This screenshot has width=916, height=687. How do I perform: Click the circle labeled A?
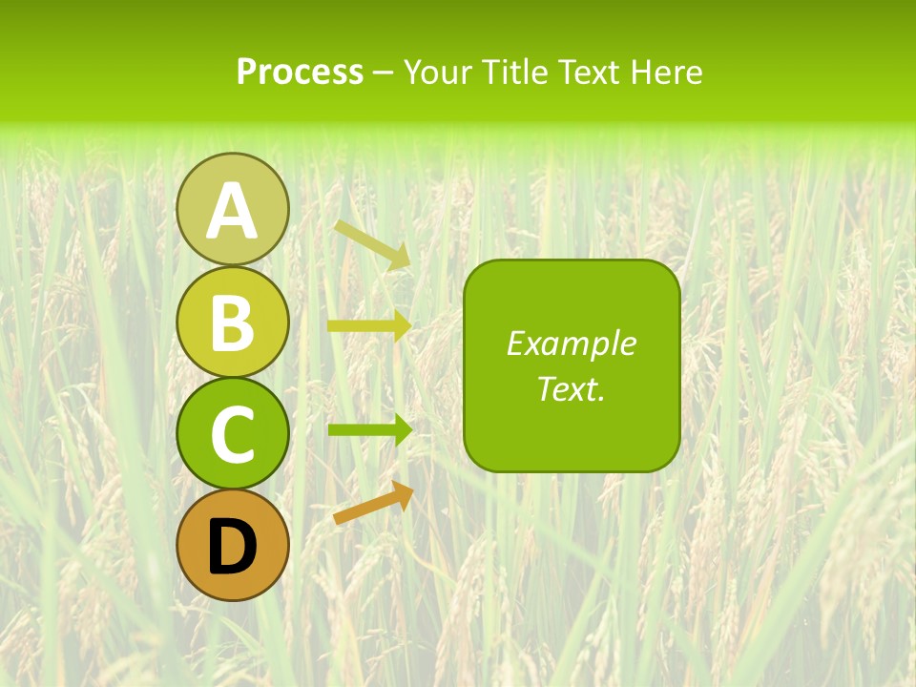[x=232, y=209]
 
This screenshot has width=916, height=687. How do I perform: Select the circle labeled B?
[x=232, y=322]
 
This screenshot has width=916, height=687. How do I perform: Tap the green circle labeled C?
[x=232, y=433]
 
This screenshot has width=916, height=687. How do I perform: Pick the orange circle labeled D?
[x=232, y=545]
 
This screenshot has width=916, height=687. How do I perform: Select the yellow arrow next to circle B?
[x=368, y=326]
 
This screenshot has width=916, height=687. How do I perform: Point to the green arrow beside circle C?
[x=368, y=430]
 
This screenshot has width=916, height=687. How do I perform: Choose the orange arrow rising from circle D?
[x=373, y=504]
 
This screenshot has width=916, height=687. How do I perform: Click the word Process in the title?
[x=300, y=73]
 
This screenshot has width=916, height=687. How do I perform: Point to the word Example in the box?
[x=572, y=343]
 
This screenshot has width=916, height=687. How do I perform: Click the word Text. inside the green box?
[x=572, y=389]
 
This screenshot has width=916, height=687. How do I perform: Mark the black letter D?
[x=232, y=547]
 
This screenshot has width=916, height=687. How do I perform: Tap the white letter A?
[x=232, y=211]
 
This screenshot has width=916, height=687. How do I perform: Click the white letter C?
[x=232, y=435]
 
